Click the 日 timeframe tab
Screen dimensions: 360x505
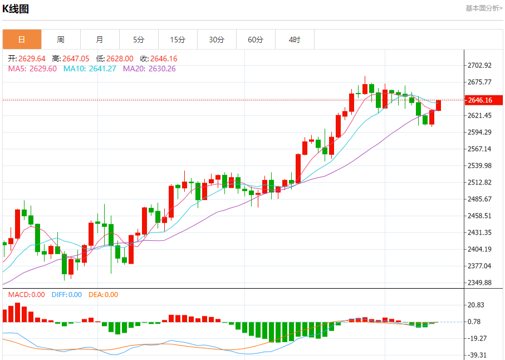22,40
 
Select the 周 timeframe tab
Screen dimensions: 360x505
61,40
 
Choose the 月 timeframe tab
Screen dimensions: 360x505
100,40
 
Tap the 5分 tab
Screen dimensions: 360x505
139,40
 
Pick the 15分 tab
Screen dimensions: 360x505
178,40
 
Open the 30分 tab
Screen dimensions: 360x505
217,40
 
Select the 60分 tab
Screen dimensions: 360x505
256,40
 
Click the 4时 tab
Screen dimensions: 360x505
295,40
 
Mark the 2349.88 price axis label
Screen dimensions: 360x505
479,283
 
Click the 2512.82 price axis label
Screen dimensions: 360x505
479,182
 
